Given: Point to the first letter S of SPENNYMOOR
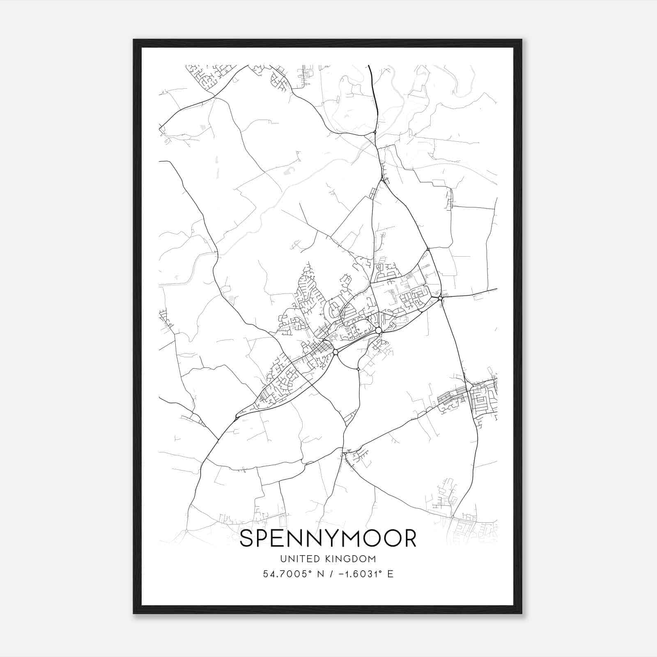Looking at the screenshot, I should tap(247, 539).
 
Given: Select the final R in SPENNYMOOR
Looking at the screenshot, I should tap(409, 539).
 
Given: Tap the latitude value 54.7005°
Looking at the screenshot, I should tap(285, 574).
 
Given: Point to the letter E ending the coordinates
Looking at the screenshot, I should tap(390, 574).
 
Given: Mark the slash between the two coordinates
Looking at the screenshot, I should tap(330, 574).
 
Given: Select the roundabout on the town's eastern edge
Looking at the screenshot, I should tap(440, 298).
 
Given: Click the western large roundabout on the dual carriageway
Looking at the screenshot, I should tap(335, 352).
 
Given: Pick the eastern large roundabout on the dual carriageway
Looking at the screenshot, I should tap(378, 330).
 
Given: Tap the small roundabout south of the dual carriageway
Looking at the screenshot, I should tap(358, 370).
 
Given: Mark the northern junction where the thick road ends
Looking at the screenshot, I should tap(375, 132).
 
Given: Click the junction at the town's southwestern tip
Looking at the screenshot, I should tap(236, 418).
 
